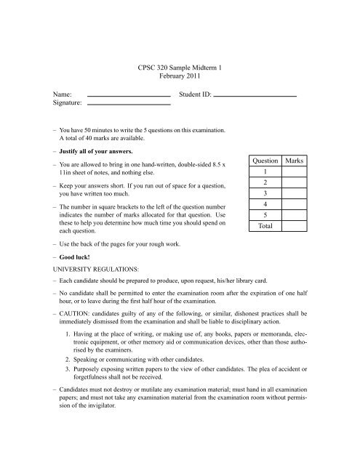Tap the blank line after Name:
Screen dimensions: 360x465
click(x=128, y=96)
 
